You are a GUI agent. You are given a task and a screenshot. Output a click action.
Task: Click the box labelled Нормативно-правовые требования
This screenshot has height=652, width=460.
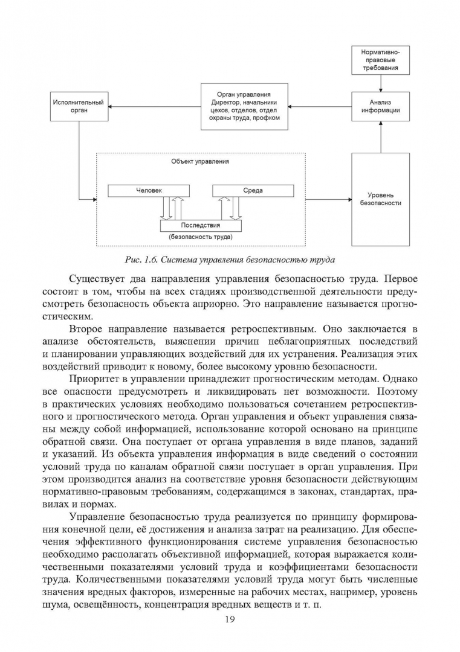(x=380, y=59)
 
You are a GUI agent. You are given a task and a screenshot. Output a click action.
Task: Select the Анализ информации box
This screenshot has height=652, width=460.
(x=380, y=106)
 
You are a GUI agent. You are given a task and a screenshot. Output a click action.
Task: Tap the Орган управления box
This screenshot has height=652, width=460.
(x=244, y=107)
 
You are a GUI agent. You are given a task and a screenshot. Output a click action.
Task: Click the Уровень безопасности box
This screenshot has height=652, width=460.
(x=380, y=199)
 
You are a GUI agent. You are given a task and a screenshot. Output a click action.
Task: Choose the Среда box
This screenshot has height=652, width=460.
(x=253, y=191)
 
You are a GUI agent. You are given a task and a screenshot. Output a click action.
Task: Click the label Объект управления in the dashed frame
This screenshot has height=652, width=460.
(x=200, y=162)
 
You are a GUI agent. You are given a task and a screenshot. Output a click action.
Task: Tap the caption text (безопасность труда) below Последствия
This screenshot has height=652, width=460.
(x=201, y=237)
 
